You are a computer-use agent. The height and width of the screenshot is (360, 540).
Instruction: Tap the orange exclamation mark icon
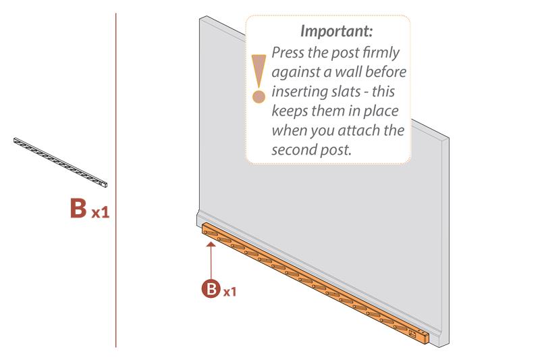[259, 78]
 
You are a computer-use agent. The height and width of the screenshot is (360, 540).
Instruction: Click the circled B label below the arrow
[211, 288]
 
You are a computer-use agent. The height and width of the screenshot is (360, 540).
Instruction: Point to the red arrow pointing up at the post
[211, 261]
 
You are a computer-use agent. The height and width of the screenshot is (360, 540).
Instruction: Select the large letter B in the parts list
[78, 208]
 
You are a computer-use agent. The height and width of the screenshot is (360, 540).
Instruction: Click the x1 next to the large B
[101, 213]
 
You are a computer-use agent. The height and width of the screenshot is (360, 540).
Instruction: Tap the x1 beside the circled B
[230, 292]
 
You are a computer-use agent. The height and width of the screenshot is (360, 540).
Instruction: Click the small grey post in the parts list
[60, 162]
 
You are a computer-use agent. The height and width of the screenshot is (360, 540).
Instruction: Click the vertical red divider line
[116, 180]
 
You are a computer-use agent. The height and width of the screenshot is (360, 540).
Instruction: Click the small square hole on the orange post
[412, 334]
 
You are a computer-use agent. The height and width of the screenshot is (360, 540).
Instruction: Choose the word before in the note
[385, 72]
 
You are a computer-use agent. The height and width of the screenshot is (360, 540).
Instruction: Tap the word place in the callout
[381, 111]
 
